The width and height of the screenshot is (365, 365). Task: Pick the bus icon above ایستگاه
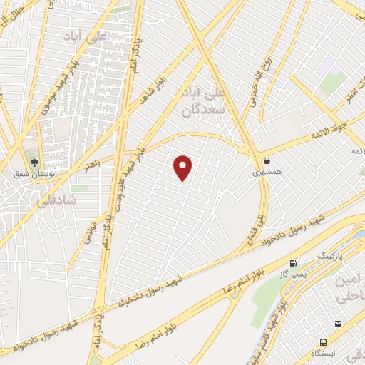324,324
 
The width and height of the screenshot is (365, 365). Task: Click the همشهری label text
267,173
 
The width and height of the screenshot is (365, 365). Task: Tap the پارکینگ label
329,255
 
